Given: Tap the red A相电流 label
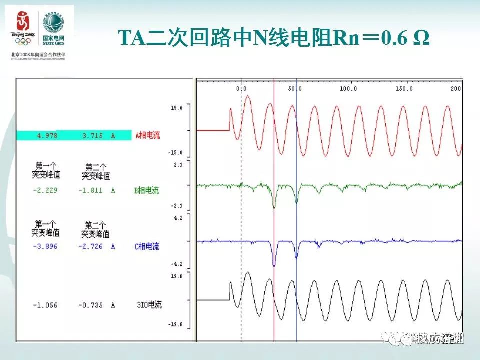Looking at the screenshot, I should [147, 135].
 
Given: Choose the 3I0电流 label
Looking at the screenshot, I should [149, 305].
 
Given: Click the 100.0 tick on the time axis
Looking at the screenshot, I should [348, 89].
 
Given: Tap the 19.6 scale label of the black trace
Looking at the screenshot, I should [177, 276].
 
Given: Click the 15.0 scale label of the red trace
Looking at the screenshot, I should [177, 108].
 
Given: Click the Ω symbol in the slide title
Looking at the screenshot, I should [422, 38].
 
